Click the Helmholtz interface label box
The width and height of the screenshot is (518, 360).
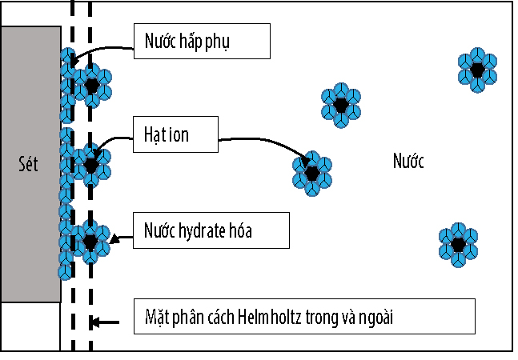tap(304, 316)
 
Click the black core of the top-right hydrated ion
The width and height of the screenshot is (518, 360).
tap(478, 70)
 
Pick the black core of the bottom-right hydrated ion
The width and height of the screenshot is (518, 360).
tap(458, 245)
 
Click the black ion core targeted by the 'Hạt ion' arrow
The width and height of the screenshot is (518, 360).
tap(311, 172)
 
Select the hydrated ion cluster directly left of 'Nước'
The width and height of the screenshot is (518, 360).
tap(340, 105)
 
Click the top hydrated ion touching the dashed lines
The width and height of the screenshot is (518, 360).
tap(92, 85)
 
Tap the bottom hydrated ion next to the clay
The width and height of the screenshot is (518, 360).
tap(90, 240)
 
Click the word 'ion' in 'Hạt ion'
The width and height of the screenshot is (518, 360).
tap(179, 134)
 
